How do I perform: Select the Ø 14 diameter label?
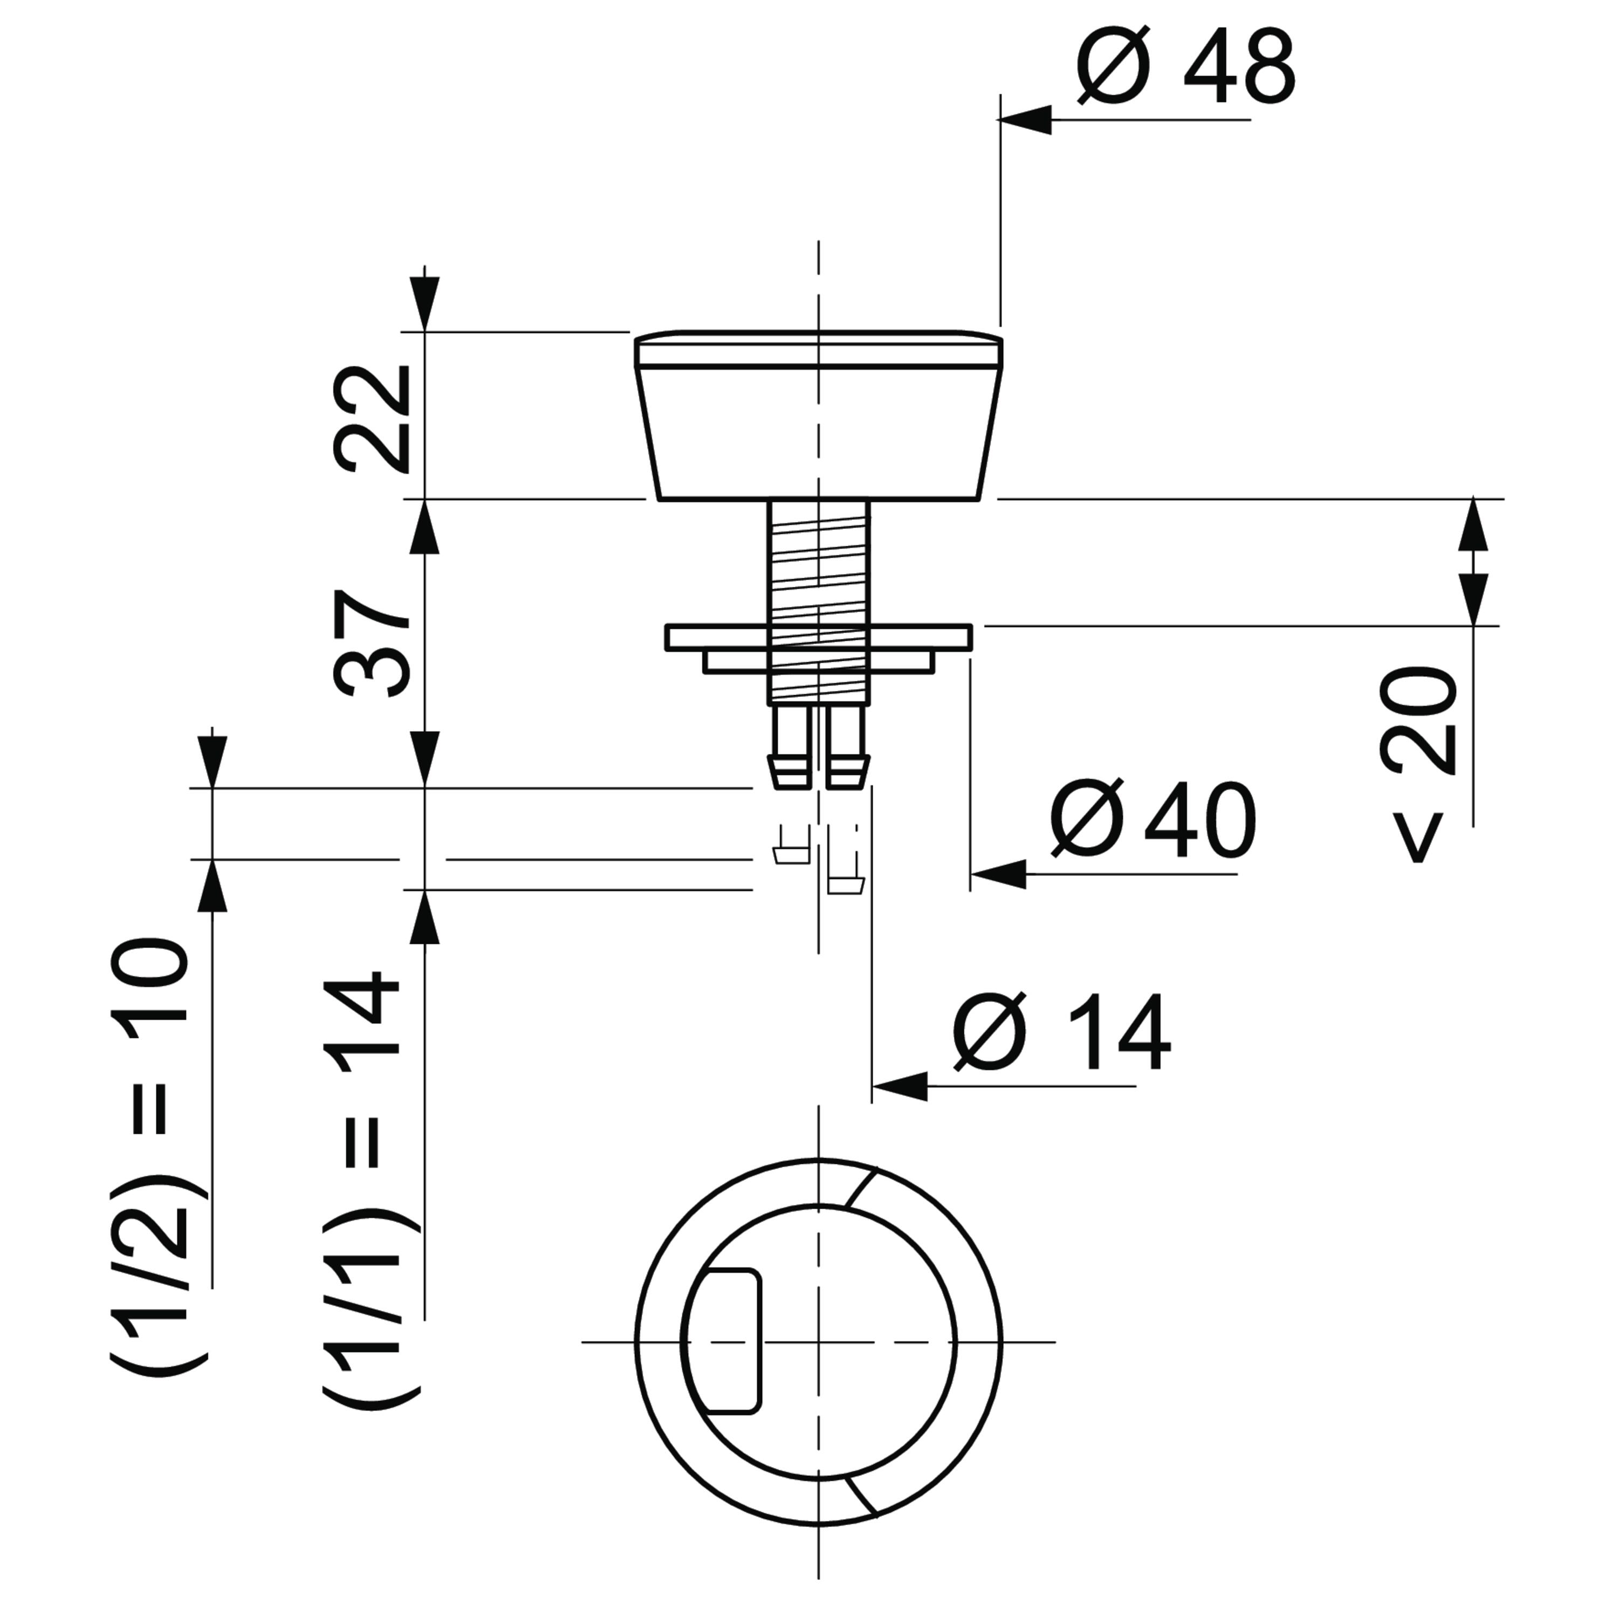pos(1062,1032)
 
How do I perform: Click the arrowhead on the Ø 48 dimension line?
pos(1024,120)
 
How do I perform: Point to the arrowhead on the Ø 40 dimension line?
pos(998,874)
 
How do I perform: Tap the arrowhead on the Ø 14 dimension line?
pos(900,1086)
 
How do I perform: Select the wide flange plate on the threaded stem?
pos(819,637)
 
